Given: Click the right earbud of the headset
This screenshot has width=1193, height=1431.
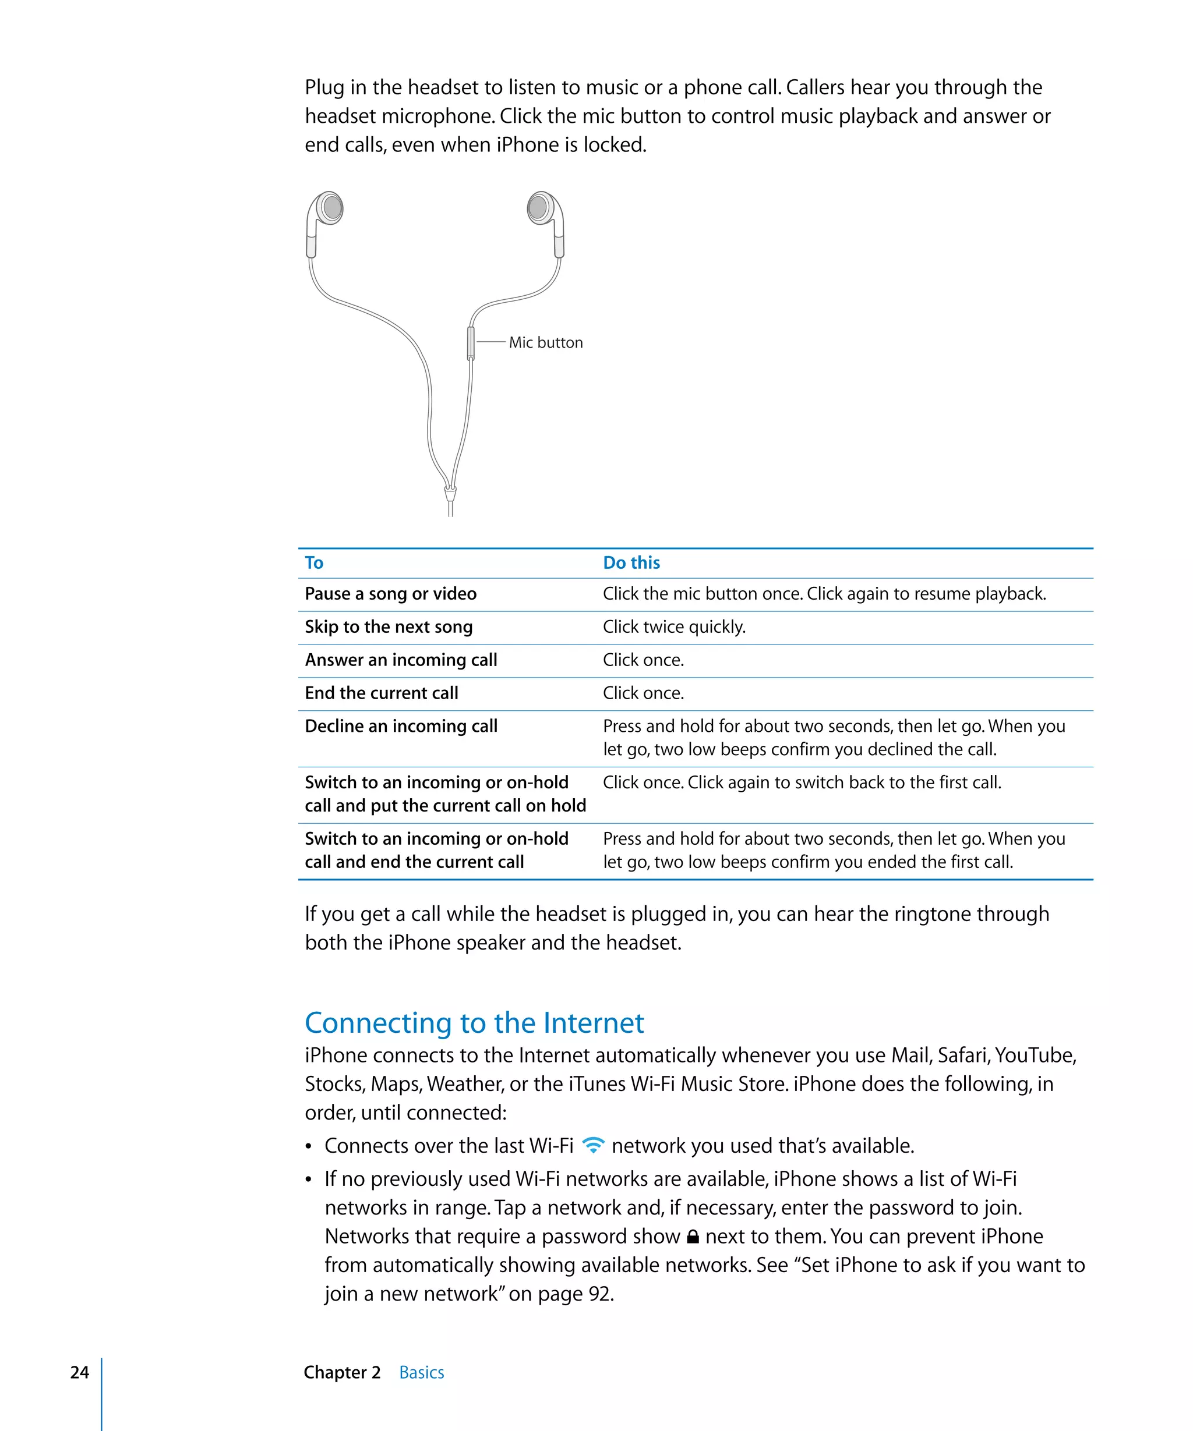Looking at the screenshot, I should tap(539, 207).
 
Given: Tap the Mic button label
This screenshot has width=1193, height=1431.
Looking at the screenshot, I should tap(545, 343).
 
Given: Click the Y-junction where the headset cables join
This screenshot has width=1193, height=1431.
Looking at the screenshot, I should tap(450, 491).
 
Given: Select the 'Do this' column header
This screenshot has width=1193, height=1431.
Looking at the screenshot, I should tap(631, 563).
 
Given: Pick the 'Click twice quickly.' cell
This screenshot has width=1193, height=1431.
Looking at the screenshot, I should tap(674, 627).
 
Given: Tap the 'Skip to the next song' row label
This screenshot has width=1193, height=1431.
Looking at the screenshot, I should tap(389, 627).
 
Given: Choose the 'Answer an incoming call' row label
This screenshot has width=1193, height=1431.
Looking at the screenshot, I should tap(401, 660).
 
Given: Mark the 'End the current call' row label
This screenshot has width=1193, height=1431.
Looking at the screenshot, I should tap(381, 693).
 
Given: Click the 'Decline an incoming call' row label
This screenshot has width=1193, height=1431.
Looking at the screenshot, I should tap(401, 727).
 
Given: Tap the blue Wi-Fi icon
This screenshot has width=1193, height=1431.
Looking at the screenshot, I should tap(593, 1146).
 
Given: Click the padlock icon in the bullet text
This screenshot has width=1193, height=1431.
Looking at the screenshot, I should tap(693, 1236).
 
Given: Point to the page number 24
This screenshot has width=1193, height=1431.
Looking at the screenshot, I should tap(80, 1372).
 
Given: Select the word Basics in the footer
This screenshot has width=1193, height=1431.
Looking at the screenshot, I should tap(421, 1372).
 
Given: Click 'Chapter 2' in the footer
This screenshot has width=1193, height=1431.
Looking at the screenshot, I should tap(342, 1372).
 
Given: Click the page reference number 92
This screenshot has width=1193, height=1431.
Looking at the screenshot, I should tap(600, 1294).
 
